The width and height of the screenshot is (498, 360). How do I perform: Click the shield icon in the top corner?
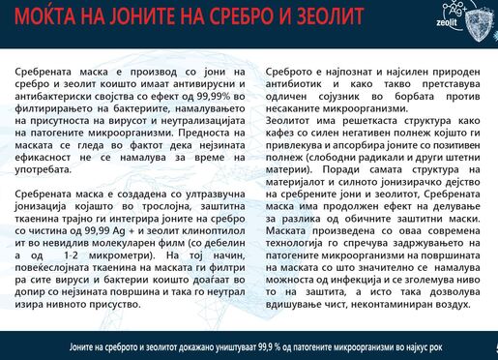click(x=474, y=19)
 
